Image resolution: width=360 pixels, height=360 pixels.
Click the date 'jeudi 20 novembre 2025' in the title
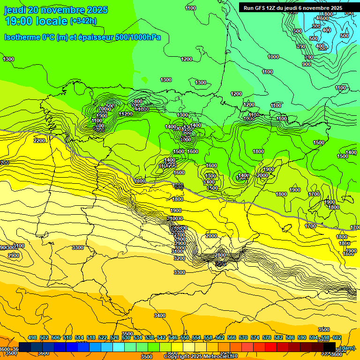tap(56, 10)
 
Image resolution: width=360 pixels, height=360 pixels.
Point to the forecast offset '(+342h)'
tap(83, 21)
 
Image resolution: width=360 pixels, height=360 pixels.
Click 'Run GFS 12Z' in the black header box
tap(259, 8)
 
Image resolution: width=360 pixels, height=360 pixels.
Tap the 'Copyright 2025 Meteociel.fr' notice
tap(201, 356)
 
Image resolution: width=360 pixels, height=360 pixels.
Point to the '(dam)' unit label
tap(347, 347)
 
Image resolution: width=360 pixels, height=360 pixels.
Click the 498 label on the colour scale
tap(32, 337)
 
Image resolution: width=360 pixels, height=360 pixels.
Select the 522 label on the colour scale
tap(103, 337)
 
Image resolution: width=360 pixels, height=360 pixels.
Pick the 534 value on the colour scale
tap(138, 337)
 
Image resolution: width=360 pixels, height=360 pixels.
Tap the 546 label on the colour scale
tap(173, 337)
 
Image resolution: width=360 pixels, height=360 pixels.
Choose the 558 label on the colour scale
tap(208, 337)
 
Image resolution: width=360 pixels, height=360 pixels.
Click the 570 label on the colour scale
tap(243, 337)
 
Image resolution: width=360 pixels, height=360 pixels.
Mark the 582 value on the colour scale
tap(278, 337)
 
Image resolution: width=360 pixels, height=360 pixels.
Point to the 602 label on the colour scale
tap(337, 337)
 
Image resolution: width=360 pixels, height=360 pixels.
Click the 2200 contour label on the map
tap(39, 141)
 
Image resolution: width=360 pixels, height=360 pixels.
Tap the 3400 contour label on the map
tap(160, 315)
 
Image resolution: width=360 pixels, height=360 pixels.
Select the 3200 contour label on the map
tap(179, 258)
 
